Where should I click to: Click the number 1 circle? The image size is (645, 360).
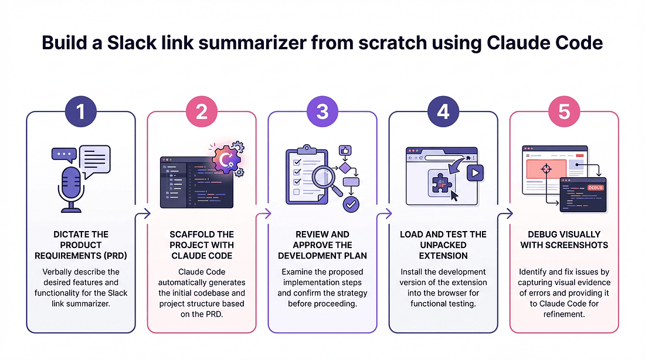[x=81, y=112]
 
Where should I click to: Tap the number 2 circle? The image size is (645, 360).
[x=202, y=112]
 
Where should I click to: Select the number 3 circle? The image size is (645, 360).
[x=322, y=112]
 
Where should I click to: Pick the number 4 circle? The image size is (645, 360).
[x=443, y=112]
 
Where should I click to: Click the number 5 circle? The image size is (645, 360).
[x=564, y=112]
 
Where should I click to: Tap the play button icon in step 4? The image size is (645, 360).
[x=475, y=172]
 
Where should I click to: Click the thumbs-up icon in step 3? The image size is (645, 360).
[x=345, y=151]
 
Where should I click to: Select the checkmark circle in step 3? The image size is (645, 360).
[x=351, y=204]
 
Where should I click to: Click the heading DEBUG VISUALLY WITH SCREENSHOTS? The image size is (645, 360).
[x=564, y=239]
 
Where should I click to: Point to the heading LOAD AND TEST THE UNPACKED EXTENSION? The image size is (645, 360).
[x=443, y=244]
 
